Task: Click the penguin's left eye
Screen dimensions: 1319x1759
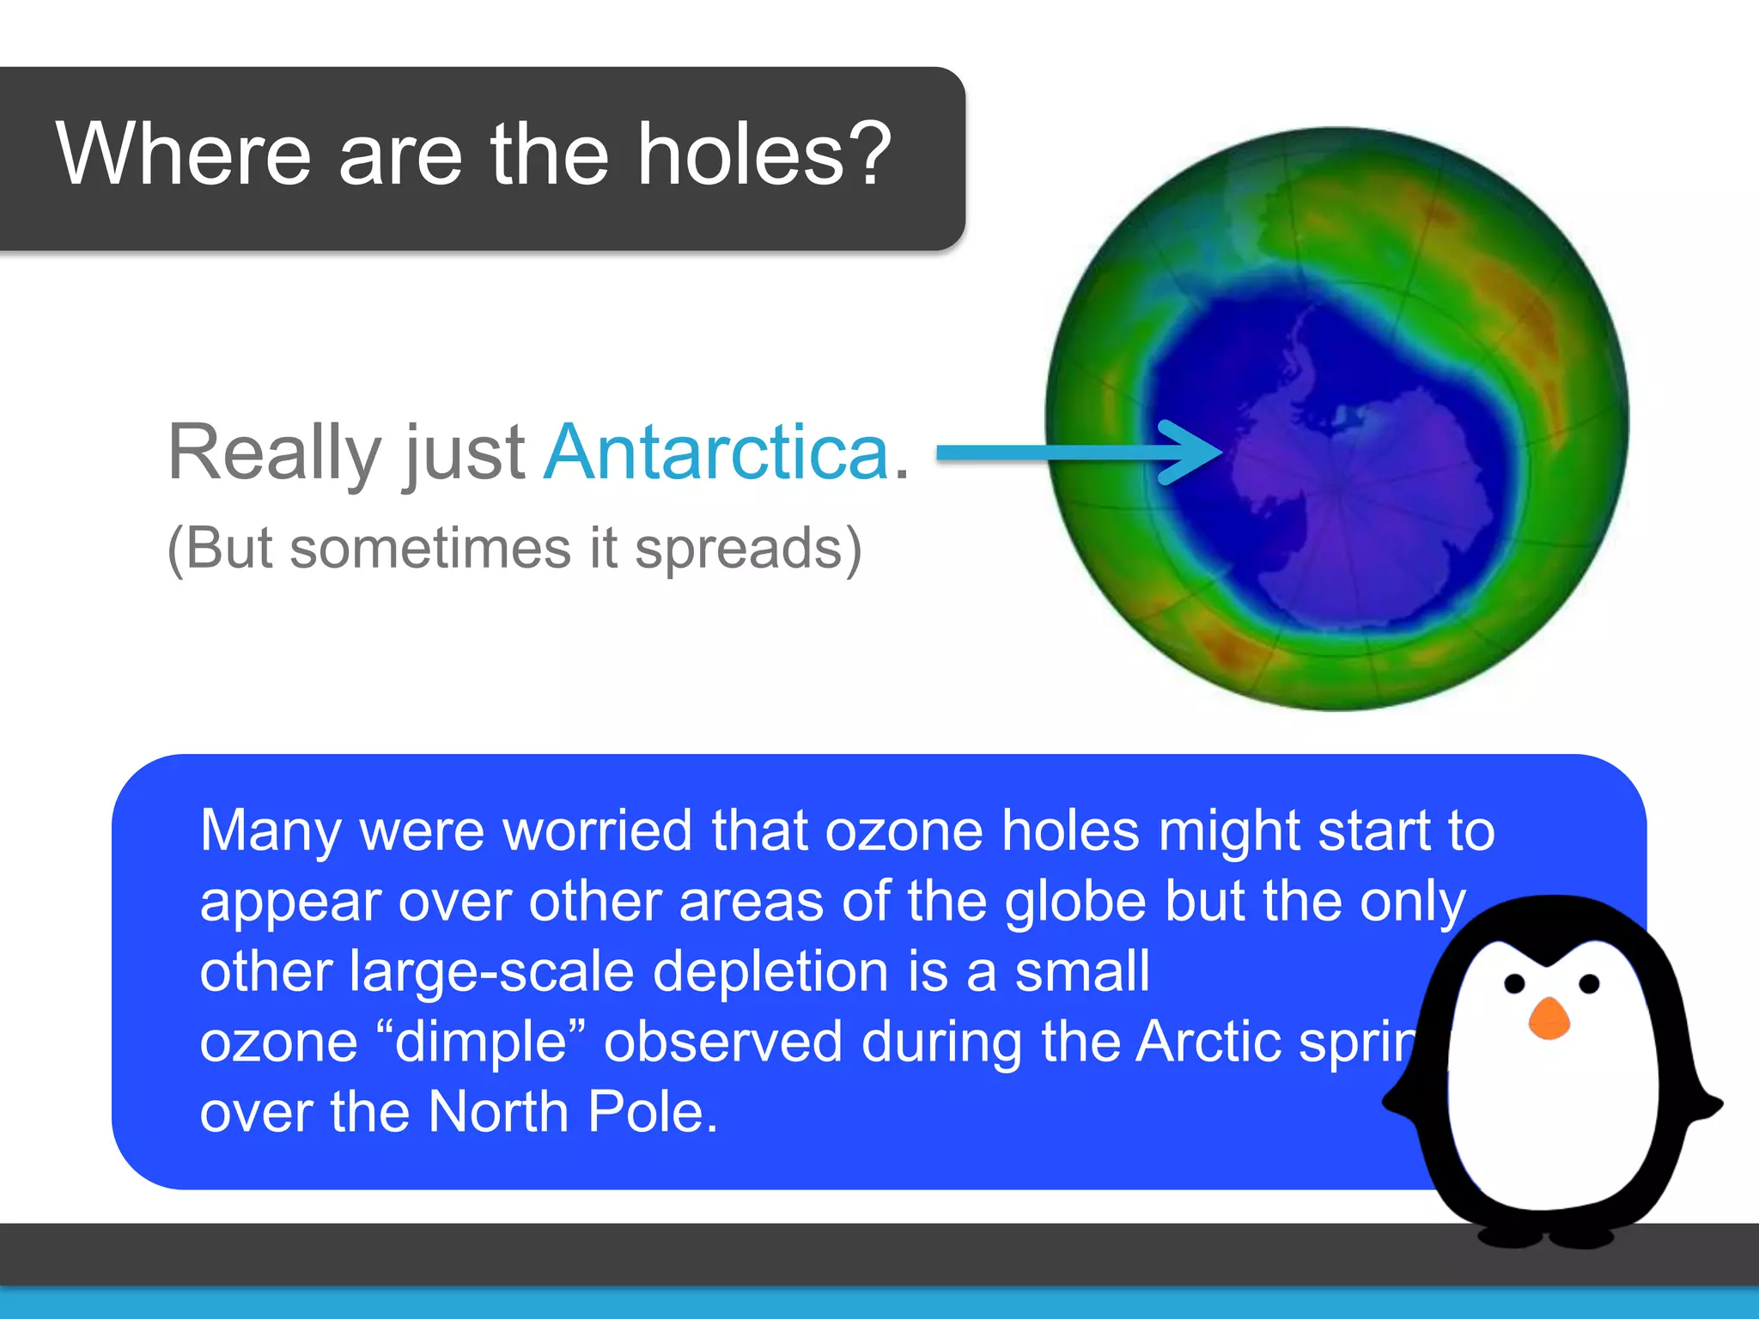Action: click(x=1514, y=983)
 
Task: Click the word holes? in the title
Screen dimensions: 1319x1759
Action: click(x=764, y=155)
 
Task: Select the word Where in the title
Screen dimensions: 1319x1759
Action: click(x=183, y=155)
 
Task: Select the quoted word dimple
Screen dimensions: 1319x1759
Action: click(x=481, y=1042)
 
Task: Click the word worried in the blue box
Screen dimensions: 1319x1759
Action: click(x=597, y=831)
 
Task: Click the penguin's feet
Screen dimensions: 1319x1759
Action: click(x=1546, y=1237)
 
